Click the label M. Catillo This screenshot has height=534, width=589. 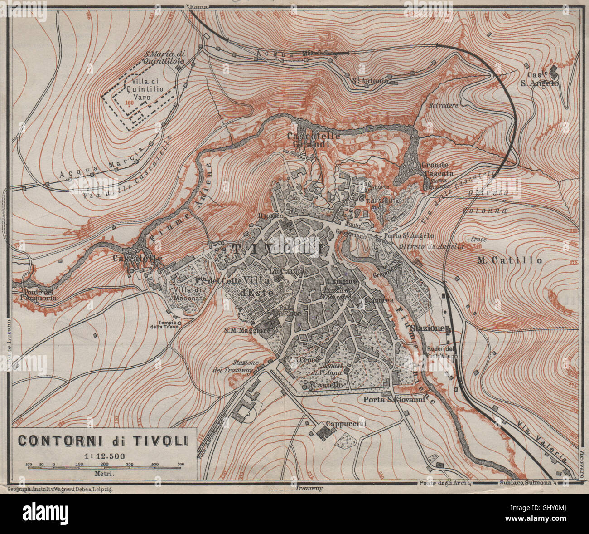point(510,260)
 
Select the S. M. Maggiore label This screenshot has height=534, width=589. point(248,331)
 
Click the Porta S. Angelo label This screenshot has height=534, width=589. point(409,235)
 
